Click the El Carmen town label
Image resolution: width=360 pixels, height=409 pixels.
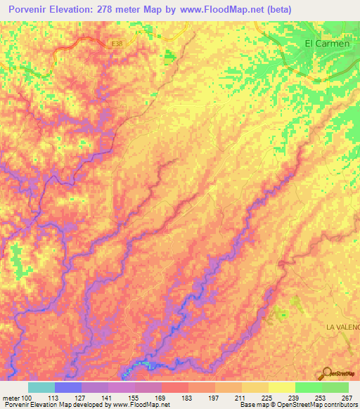pos(327,44)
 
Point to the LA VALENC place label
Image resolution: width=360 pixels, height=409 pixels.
pos(342,327)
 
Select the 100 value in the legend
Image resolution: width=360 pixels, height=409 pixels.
pos(27,398)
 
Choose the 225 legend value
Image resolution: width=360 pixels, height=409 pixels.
pos(268,398)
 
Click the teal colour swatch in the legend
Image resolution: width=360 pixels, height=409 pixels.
pos(41,387)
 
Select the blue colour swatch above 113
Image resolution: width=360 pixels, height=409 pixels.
pos(68,387)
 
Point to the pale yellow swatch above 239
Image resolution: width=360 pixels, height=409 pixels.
pos(281,387)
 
